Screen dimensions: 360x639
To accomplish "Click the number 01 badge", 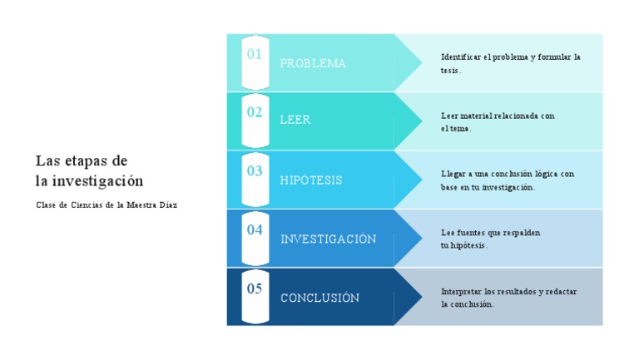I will coord(255,55).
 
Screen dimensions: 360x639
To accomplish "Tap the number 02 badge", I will coord(255,112).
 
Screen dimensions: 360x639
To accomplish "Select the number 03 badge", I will coord(255,171).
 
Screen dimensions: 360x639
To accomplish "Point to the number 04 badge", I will coord(255,230).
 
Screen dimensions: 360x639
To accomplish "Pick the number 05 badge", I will coord(255,289).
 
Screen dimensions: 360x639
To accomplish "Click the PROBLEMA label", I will coord(313,64).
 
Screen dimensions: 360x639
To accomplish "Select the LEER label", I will coord(295,121).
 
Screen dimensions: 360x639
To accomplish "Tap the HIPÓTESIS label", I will coord(311,180).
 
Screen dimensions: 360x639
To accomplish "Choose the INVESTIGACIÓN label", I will coord(328,239).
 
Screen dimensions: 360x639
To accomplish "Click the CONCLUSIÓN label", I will coord(319,298).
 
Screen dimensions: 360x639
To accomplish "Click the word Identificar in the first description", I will coord(461,57).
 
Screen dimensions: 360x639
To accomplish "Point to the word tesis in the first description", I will coord(449,71).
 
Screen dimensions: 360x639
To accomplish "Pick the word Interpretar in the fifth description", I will coord(461,292).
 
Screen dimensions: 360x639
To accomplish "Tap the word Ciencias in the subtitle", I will coord(89,205).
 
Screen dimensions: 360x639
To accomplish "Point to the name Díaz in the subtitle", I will coord(167,205).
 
